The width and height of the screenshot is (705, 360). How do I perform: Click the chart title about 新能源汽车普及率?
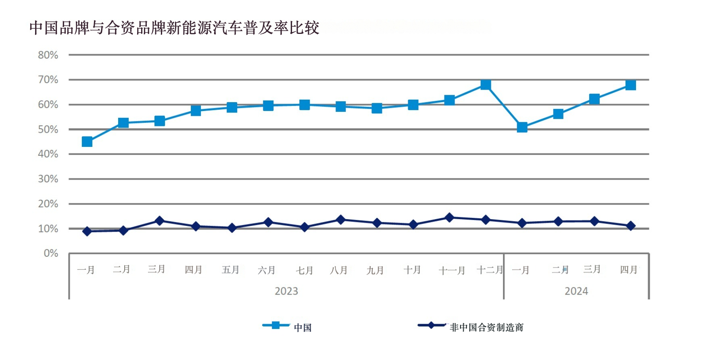click(x=174, y=28)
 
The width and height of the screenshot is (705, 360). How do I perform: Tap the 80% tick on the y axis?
click(x=48, y=55)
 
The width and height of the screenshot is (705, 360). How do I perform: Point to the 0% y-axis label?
click(x=51, y=253)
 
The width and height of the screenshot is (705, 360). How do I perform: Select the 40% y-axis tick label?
click(x=48, y=154)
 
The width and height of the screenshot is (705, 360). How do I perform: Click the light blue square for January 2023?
click(x=87, y=142)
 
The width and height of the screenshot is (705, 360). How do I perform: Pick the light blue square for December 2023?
click(x=486, y=85)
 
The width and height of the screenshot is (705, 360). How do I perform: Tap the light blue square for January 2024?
click(x=522, y=128)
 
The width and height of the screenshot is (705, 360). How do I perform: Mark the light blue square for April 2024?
click(x=630, y=85)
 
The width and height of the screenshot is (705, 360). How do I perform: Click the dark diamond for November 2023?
click(x=449, y=218)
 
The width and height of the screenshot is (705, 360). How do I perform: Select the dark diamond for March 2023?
click(x=160, y=221)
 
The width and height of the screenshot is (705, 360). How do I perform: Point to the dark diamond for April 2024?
click(x=630, y=226)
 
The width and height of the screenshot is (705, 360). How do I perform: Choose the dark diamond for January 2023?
click(x=87, y=231)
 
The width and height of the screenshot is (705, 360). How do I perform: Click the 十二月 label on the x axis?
click(x=490, y=270)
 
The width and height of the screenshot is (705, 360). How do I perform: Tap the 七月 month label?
click(x=305, y=270)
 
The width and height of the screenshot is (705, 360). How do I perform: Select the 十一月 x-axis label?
click(x=452, y=270)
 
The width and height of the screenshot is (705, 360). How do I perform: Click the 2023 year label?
click(x=286, y=291)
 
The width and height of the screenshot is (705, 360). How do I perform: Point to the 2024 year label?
click(x=576, y=291)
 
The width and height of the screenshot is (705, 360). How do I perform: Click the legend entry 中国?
click(x=302, y=327)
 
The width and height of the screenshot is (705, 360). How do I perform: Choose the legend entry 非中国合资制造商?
click(x=486, y=327)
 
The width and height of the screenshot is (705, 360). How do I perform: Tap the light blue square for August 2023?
click(x=341, y=107)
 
